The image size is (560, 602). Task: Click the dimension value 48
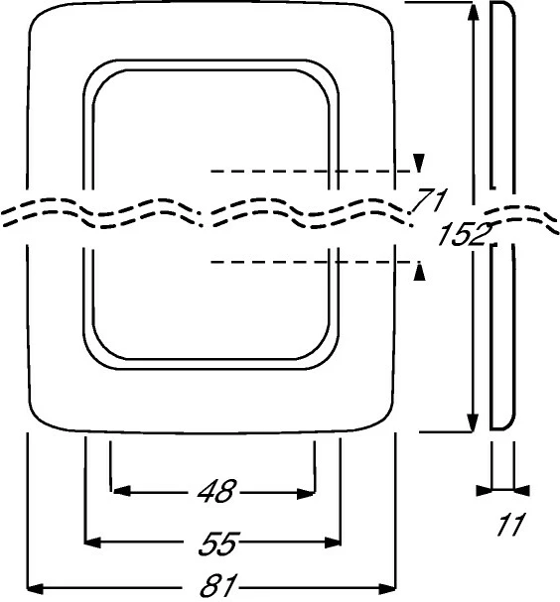pos(216,491)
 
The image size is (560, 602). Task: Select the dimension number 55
pos(219,542)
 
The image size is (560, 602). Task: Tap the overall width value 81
pos(218,586)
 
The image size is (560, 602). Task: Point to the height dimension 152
pos(466,234)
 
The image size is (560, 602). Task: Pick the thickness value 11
pos(510,525)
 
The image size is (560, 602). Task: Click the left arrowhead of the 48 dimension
pos(121,491)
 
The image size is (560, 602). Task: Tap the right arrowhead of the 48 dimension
pos(306,494)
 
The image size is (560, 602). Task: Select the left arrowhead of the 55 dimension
pos(92,542)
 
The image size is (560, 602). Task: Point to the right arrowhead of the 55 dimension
pos(333,542)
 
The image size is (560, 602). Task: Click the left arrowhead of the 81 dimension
pos(35,588)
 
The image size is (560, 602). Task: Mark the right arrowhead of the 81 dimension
pos(387,588)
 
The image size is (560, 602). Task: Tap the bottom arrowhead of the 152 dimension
pos(473,422)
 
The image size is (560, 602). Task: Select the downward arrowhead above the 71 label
pos(419,163)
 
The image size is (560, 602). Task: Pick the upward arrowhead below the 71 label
pos(420,271)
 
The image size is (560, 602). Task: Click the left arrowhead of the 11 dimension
pos(484,491)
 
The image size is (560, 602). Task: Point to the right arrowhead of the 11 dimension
pos(522,491)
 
